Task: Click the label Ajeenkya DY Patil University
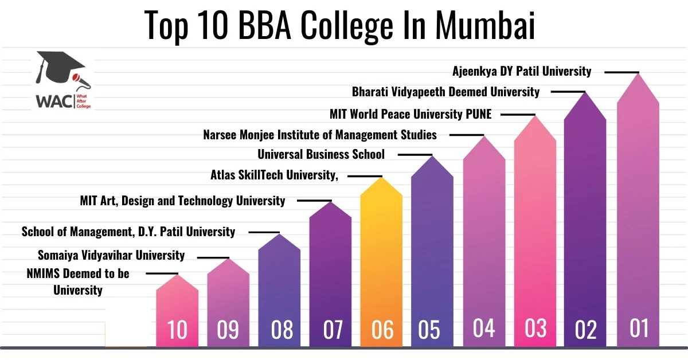tap(522, 72)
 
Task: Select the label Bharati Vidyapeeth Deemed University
tap(445, 92)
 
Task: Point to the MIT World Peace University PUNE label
tap(411, 114)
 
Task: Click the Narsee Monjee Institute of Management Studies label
tap(320, 135)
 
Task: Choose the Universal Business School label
tap(321, 154)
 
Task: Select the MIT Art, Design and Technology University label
tap(182, 201)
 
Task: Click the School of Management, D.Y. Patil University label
tap(128, 232)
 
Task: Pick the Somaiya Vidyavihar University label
tap(111, 255)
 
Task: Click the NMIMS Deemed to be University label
tap(78, 281)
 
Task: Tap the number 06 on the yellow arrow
tap(382, 330)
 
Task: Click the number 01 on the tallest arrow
tap(638, 328)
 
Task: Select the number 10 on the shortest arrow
tap(177, 330)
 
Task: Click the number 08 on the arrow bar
tap(279, 330)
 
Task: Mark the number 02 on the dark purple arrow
tap(585, 330)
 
